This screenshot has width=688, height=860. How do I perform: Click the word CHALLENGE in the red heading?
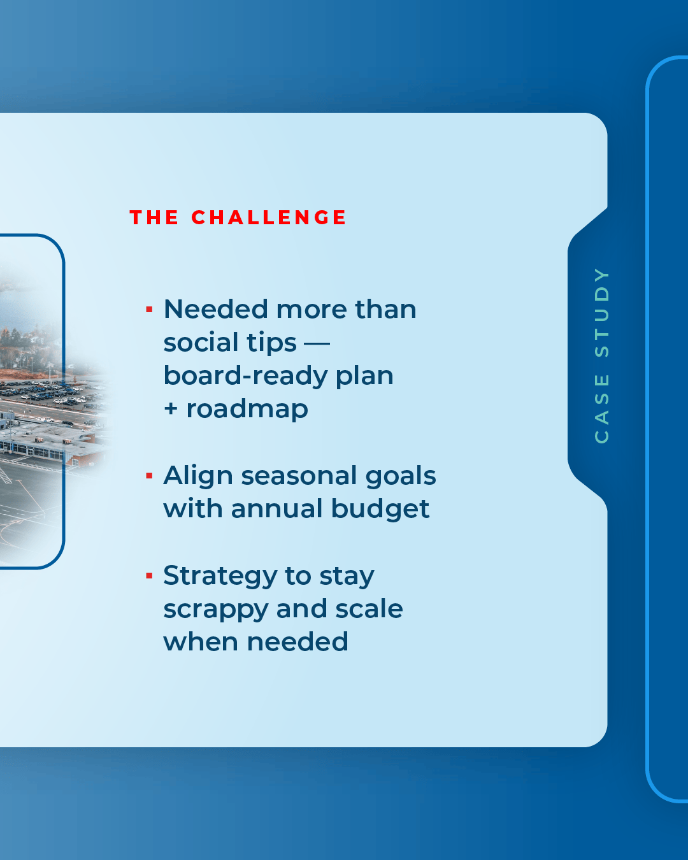269,217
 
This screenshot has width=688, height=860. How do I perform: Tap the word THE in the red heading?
154,217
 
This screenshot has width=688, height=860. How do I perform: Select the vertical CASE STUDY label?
601,355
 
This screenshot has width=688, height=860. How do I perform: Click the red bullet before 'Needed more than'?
149,310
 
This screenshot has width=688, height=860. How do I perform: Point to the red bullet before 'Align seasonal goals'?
149,476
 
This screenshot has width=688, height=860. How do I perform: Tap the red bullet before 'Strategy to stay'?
149,575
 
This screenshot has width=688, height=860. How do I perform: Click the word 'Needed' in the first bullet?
215,310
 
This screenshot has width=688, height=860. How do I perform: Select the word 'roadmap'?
247,409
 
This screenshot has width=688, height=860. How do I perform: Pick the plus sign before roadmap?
171,409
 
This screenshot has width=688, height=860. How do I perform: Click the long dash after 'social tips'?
317,343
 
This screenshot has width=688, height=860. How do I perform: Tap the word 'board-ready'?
245,376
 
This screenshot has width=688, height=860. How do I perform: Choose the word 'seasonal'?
299,476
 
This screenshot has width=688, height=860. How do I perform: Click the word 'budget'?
380,509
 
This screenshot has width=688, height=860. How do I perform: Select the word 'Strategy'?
220,577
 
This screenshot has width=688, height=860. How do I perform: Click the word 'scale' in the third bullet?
369,609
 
